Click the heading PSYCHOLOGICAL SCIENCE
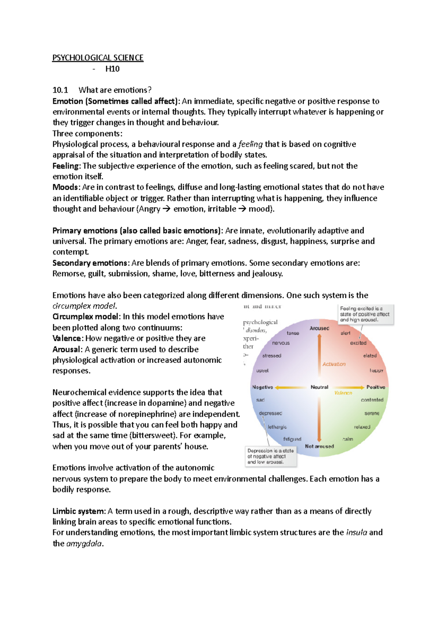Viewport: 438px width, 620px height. (x=98, y=58)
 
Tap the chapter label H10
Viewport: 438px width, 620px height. (x=112, y=69)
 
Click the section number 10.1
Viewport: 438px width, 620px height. (x=60, y=90)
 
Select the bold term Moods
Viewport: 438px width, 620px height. (x=65, y=187)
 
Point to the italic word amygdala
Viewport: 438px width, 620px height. (x=84, y=544)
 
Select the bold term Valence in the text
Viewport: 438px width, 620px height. (x=68, y=338)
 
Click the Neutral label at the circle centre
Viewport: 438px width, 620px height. (x=319, y=387)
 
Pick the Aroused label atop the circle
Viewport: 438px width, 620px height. (x=319, y=328)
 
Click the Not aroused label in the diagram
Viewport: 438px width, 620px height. (x=319, y=446)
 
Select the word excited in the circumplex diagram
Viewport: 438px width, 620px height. (x=358, y=343)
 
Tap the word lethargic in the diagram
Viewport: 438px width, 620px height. (x=277, y=427)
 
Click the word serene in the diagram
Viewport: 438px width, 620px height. (x=372, y=413)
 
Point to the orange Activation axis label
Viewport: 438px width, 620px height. (x=334, y=364)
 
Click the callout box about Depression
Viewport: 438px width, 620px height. (x=270, y=456)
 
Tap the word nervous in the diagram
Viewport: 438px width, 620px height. (x=281, y=343)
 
